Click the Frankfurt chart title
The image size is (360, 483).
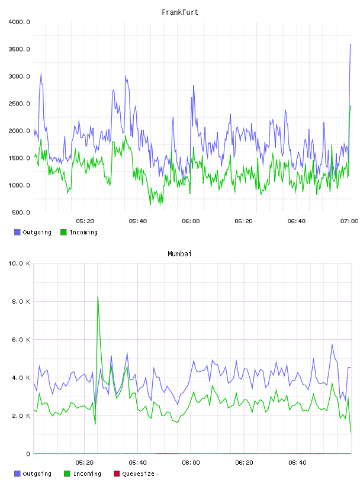pos(180,12)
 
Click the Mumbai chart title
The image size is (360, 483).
pos(179,254)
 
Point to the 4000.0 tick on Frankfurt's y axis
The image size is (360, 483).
pos(19,22)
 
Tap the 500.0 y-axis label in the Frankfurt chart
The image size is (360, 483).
pos(21,212)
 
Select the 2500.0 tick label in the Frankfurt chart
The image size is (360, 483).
pos(19,104)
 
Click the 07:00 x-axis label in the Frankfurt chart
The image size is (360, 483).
pos(349,221)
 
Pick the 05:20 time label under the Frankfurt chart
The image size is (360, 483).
pos(85,221)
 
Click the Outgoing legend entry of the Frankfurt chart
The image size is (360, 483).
pos(33,232)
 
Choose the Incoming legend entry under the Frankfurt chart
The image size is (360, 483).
pos(79,232)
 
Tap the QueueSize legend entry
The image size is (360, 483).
pos(134,474)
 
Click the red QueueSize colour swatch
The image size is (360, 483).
pos(117,474)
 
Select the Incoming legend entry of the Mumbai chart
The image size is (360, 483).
pos(83,474)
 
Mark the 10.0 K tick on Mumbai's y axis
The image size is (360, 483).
pos(19,263)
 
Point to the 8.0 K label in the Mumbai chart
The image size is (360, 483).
pos(21,301)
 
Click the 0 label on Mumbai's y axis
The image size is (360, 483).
pos(28,454)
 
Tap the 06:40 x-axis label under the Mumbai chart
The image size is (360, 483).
pos(297,463)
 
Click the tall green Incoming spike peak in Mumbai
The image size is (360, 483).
pos(98,297)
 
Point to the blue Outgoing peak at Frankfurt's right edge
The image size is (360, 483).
pos(351,44)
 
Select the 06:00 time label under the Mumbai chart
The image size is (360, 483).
pos(191,463)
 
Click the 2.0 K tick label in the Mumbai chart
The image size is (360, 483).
pos(21,416)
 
